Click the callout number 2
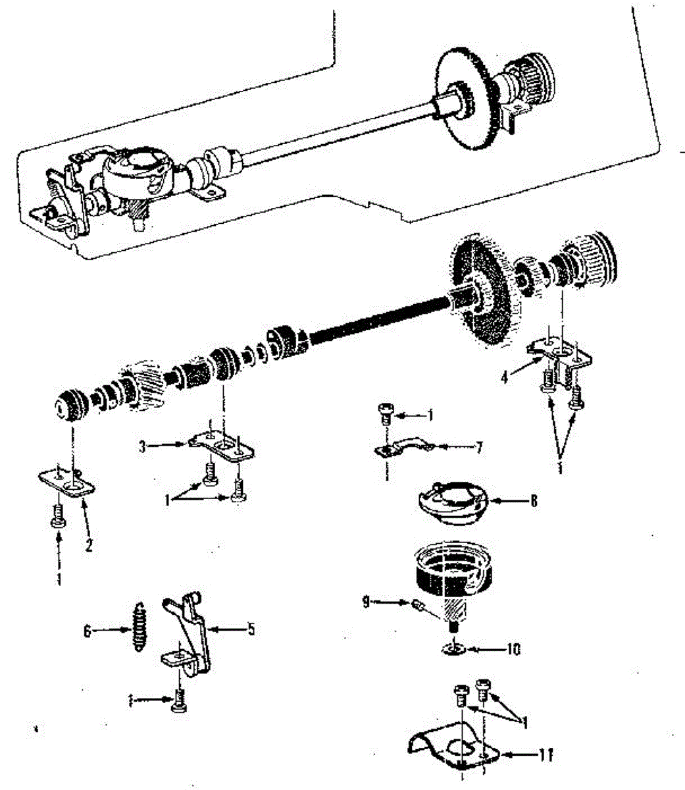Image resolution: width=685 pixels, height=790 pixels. click(88, 544)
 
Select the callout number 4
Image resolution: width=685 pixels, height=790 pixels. click(504, 377)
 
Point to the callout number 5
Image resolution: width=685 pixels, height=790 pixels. click(251, 629)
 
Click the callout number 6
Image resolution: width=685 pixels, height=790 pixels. click(87, 631)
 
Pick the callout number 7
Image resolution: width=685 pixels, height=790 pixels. click(478, 448)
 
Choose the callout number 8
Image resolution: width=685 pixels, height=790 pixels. click(534, 501)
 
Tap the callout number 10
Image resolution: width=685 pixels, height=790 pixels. click(513, 649)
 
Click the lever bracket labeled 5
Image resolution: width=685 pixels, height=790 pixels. click(191, 632)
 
